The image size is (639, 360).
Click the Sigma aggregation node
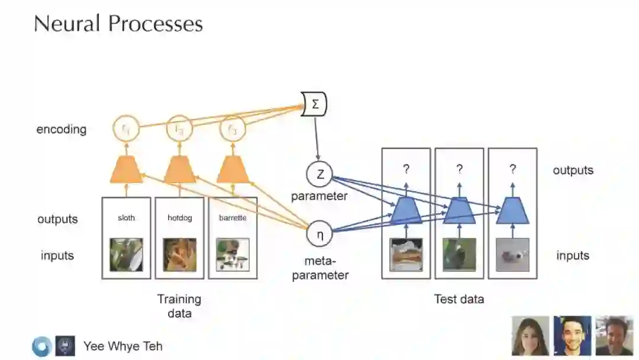point(314,105)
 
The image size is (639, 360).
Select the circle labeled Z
point(319,174)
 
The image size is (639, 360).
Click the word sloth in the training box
point(126,218)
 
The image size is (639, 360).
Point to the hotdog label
point(179,218)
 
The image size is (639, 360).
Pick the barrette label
point(233,218)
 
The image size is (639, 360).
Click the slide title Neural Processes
point(118,24)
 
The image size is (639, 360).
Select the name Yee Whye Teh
point(122,346)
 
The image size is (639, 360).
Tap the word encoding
point(62,129)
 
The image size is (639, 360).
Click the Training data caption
point(179,306)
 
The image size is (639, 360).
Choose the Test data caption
point(459,299)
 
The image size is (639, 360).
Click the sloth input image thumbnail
point(126,254)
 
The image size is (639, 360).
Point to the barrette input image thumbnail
point(233,255)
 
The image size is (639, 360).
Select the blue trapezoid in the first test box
point(406,211)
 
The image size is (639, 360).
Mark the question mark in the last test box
point(512,169)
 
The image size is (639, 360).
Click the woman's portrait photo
point(531,336)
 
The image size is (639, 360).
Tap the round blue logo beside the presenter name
point(41,346)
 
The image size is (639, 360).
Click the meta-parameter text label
point(320,268)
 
